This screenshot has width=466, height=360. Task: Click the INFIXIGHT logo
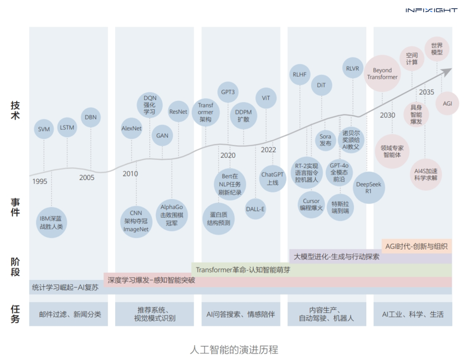(431, 10)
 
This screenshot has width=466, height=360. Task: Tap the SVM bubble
(44, 129)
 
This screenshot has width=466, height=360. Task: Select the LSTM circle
(67, 127)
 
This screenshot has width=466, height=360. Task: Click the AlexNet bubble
(132, 128)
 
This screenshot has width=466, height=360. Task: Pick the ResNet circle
(178, 111)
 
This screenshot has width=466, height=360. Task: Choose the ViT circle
(266, 98)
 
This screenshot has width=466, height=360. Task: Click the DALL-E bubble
(255, 209)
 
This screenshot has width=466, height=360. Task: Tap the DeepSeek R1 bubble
(368, 188)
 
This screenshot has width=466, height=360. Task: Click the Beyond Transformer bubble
(382, 74)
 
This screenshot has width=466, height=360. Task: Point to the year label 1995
(40, 182)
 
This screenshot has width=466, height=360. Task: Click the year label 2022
(268, 150)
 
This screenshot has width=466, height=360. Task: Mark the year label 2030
(387, 116)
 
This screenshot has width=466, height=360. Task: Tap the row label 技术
(15, 110)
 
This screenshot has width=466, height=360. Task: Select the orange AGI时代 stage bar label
(416, 246)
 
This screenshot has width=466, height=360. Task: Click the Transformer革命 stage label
(243, 270)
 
